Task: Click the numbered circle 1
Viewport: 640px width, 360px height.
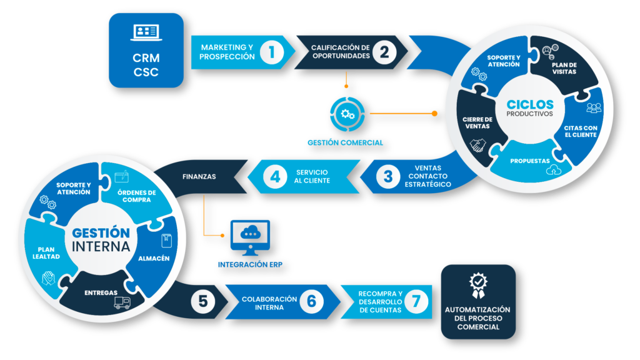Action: (271, 52)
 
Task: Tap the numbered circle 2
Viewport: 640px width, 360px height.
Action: (384, 52)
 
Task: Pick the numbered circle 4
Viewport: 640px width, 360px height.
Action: (275, 176)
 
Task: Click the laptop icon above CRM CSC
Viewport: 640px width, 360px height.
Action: (146, 33)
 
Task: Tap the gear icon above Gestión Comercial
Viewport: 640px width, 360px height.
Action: (345, 114)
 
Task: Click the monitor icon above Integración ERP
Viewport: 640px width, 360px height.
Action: (250, 236)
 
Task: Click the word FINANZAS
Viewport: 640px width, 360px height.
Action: (199, 177)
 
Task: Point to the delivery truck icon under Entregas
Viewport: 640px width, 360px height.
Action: (122, 303)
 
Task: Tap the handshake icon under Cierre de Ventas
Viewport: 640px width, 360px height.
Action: (478, 145)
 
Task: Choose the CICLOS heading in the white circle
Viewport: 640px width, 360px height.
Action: (530, 104)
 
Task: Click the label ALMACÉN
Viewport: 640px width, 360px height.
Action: (152, 258)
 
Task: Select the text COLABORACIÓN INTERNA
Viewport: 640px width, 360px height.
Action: (263, 302)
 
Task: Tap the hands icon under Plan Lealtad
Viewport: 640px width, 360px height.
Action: (49, 277)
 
